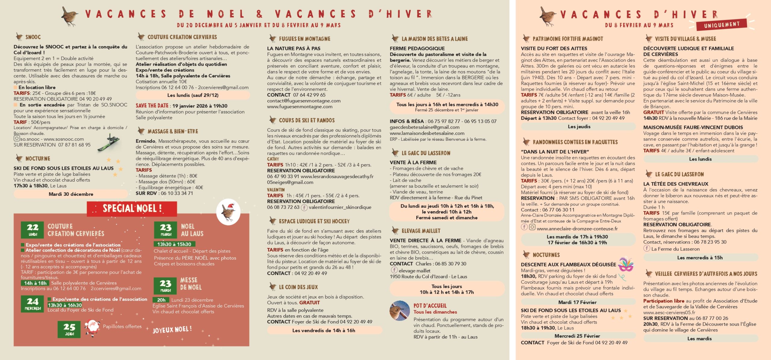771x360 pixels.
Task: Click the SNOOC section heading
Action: point(33,37)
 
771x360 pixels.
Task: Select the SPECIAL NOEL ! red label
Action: point(132,208)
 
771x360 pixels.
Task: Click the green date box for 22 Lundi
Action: point(33,230)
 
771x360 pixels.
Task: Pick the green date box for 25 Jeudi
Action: point(69,329)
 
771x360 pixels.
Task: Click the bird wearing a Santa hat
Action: point(228,211)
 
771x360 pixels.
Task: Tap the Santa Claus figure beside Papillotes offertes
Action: point(92,328)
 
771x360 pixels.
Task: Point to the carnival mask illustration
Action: point(626,264)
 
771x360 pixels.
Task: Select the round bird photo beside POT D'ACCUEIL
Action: point(399,311)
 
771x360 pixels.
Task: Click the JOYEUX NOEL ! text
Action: point(172,330)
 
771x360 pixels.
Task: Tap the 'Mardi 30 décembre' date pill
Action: point(71,194)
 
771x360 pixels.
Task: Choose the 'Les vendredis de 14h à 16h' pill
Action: point(323,330)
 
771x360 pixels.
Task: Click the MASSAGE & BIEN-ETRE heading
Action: point(173,131)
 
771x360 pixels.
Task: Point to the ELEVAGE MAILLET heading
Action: point(421,231)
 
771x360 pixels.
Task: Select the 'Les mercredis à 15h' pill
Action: point(700,258)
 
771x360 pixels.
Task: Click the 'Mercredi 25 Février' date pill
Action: point(577,336)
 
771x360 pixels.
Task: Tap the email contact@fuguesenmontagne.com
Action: point(304,101)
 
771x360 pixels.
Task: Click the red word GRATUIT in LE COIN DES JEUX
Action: point(309,302)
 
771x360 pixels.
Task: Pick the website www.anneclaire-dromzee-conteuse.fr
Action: point(577,229)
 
